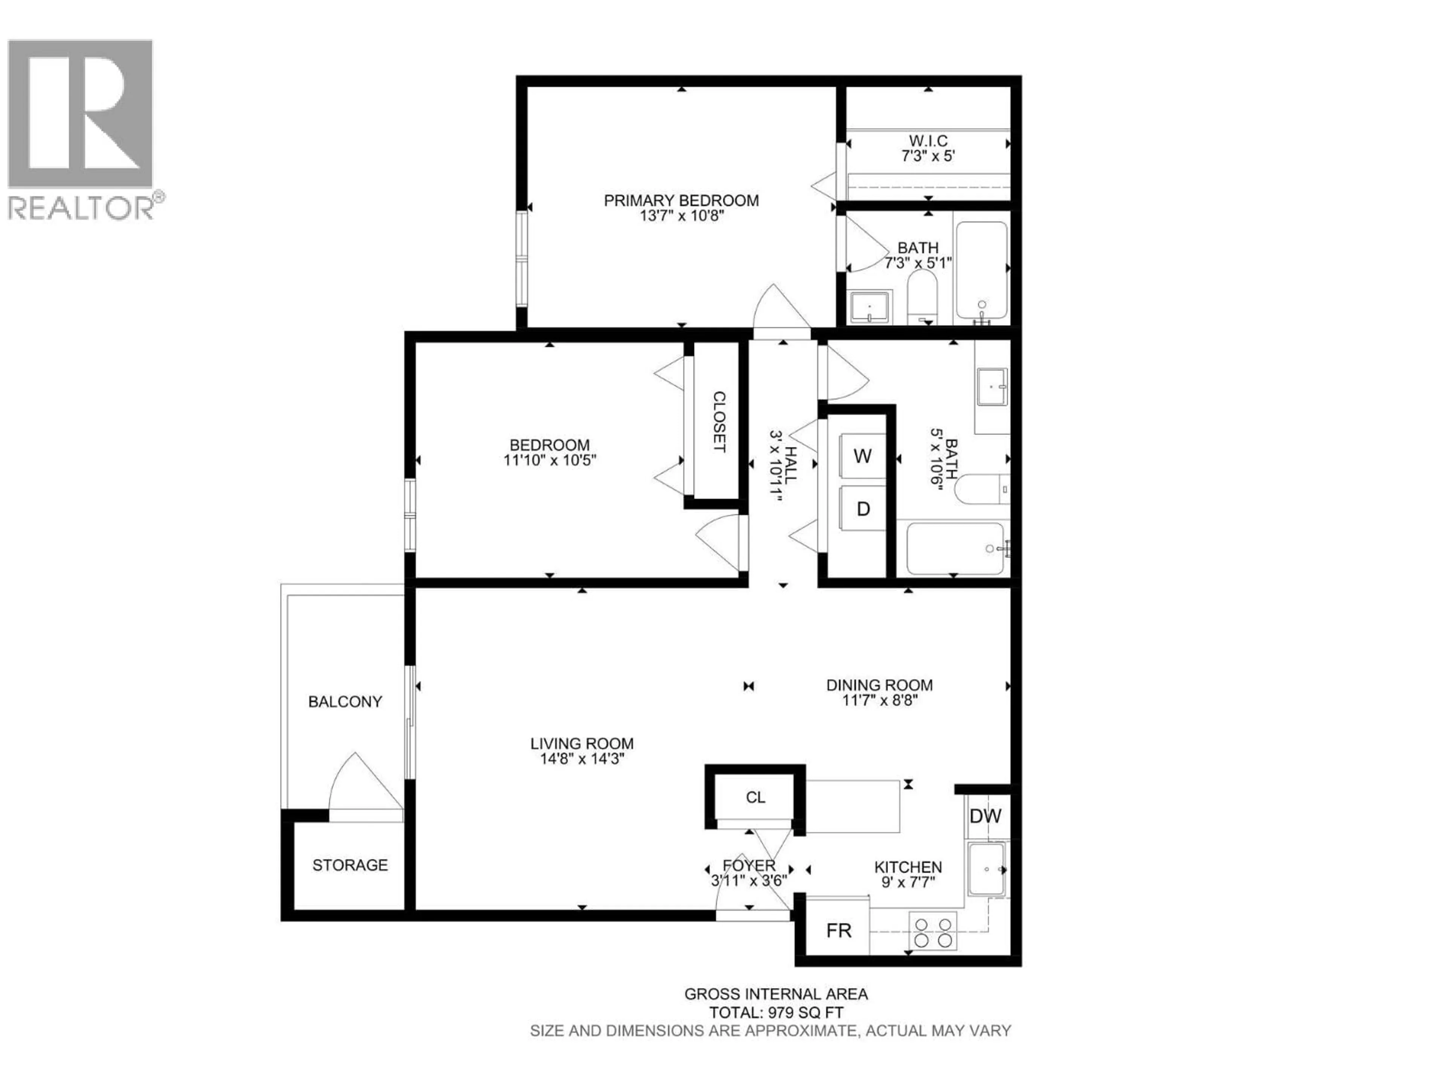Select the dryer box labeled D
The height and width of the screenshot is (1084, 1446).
pyautogui.click(x=862, y=509)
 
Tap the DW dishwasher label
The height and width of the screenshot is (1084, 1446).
pyautogui.click(x=985, y=816)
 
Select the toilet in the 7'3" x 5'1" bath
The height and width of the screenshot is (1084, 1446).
pyautogui.click(x=922, y=297)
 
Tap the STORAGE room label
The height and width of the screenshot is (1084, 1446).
pyautogui.click(x=350, y=865)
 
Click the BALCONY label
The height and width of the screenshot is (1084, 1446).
pyautogui.click(x=345, y=702)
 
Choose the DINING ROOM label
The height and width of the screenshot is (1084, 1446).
pyautogui.click(x=879, y=685)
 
